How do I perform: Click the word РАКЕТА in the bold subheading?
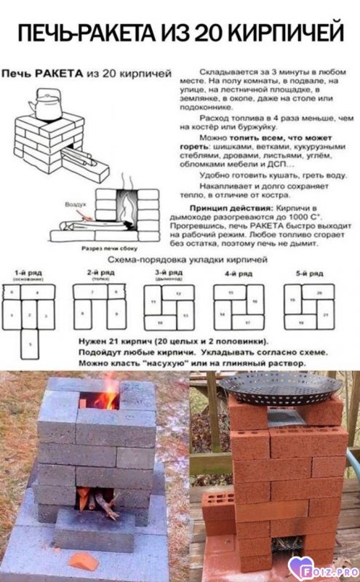[58, 73]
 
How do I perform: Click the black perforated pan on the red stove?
[280, 386]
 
